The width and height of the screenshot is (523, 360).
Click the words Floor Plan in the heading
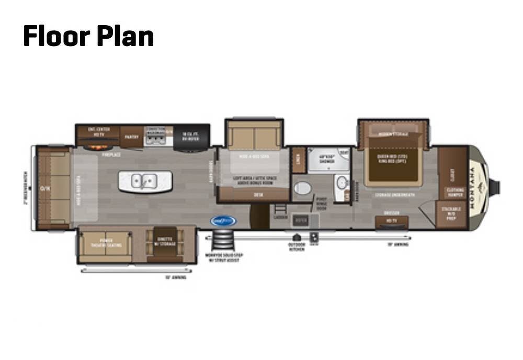88,36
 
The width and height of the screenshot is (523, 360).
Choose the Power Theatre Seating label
106,243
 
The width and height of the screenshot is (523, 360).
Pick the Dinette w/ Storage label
165,241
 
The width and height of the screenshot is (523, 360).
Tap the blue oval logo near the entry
223,221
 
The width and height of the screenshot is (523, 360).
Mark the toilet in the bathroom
302,188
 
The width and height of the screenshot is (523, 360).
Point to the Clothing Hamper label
454,192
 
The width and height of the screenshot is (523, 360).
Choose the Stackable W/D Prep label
451,213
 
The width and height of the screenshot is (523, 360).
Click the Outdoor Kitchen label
296,246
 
